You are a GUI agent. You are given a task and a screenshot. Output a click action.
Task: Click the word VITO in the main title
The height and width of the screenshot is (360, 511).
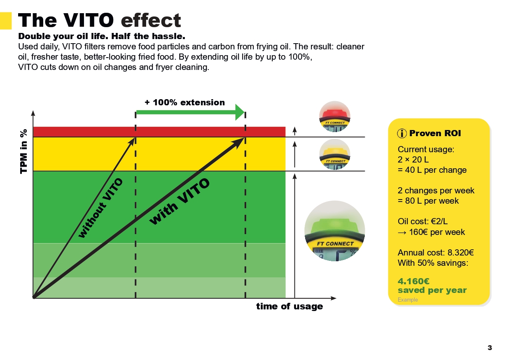point(89,21)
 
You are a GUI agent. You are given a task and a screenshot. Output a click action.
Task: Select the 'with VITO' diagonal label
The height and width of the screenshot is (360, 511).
point(180,202)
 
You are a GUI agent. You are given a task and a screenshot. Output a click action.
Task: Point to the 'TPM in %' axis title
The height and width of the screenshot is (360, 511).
point(24,151)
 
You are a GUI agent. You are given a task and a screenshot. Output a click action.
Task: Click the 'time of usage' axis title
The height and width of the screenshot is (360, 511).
point(289,307)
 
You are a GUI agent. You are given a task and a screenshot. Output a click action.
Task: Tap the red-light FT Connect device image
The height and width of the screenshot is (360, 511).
point(335,117)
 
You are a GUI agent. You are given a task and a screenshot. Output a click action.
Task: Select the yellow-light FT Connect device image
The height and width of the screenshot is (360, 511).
point(335,154)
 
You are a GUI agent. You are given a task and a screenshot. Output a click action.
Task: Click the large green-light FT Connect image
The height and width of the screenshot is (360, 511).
point(334,231)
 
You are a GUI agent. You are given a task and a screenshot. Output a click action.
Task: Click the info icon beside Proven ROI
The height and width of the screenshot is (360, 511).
point(401,133)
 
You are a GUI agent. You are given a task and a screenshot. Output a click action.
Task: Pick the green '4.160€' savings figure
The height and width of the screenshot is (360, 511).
point(413,281)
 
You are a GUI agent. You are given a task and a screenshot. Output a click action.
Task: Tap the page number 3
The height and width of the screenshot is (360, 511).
point(490,348)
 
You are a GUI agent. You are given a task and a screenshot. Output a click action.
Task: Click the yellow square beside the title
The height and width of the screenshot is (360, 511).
point(6,21)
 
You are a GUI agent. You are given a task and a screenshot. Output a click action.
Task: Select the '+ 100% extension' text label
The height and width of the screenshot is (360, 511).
point(185,102)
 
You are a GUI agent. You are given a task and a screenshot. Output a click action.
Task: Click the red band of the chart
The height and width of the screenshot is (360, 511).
point(159,132)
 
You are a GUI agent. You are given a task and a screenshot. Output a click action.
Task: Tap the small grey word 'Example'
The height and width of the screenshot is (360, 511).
point(408,300)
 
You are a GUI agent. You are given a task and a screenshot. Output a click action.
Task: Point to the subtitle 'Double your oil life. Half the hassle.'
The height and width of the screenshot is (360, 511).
point(102,36)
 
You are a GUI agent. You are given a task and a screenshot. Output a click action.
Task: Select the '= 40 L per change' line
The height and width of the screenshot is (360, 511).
point(432,170)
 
